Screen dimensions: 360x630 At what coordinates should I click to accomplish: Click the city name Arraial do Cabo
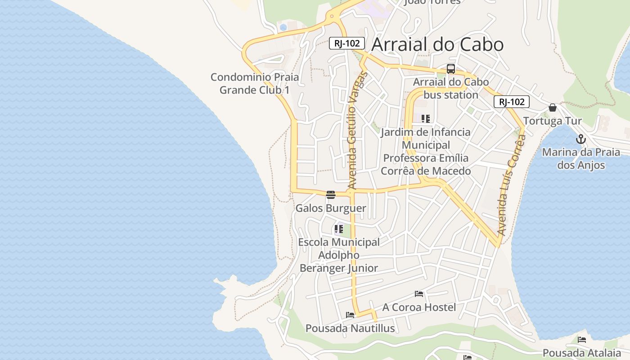click(437, 45)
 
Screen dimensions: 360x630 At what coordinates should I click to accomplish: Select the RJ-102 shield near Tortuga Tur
click(511, 102)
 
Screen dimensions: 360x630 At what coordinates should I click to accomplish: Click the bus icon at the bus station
click(450, 69)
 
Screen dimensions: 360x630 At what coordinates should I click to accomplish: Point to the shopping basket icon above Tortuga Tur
click(553, 108)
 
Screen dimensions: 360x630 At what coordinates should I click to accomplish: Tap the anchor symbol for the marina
click(580, 139)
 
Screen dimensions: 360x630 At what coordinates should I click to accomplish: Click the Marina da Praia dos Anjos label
click(581, 159)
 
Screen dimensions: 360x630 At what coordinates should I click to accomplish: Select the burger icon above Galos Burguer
click(331, 195)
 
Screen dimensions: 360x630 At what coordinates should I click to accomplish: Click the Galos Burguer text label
click(331, 208)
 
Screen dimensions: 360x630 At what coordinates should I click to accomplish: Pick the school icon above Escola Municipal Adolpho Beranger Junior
click(339, 229)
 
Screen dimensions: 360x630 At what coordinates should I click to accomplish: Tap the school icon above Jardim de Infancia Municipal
click(426, 119)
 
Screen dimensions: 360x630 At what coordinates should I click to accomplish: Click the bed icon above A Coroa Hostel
click(419, 294)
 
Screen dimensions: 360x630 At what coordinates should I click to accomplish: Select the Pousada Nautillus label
click(350, 328)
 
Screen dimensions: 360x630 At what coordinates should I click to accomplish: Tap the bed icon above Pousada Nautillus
click(350, 315)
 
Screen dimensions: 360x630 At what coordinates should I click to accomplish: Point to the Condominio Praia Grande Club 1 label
click(254, 84)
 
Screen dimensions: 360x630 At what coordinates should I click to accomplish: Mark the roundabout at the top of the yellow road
click(332, 16)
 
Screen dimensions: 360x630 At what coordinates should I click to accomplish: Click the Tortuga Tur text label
click(553, 121)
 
